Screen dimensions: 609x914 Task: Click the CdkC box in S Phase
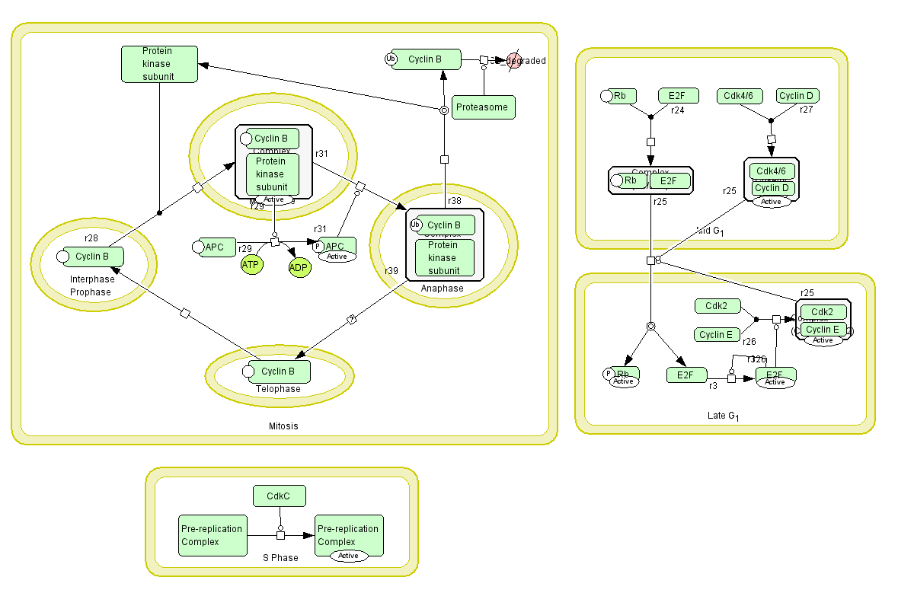pyautogui.click(x=280, y=496)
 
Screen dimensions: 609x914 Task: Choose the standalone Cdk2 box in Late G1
pyautogui.click(x=717, y=306)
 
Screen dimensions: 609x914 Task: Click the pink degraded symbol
pyautogui.click(x=514, y=60)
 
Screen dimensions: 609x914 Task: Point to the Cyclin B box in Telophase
pyautogui.click(x=278, y=371)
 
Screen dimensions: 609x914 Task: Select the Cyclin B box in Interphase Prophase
pyautogui.click(x=92, y=257)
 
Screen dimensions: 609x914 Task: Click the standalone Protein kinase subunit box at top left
pyautogui.click(x=159, y=64)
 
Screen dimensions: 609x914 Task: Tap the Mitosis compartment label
pyautogui.click(x=283, y=426)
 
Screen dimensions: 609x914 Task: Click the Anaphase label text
pyautogui.click(x=442, y=289)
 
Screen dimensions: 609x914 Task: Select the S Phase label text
pyautogui.click(x=280, y=558)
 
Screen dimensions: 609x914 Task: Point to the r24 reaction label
pyautogui.click(x=678, y=110)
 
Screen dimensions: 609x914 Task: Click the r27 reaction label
pyautogui.click(x=806, y=110)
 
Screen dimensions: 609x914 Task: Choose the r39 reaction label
pyautogui.click(x=391, y=271)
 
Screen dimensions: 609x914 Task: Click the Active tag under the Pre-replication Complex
pyautogui.click(x=348, y=556)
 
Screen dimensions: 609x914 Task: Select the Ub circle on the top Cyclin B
pyautogui.click(x=391, y=59)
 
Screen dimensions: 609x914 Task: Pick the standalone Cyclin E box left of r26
pyautogui.click(x=716, y=335)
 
